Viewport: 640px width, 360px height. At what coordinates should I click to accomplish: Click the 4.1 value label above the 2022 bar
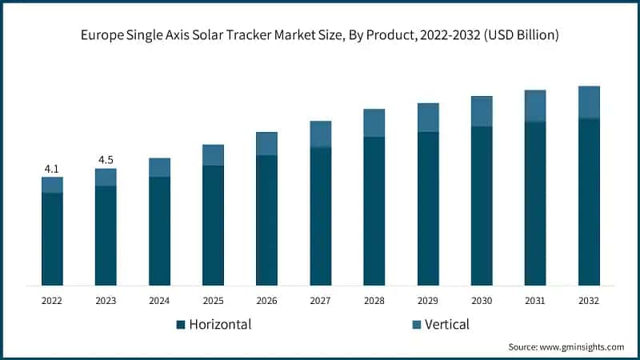[x=52, y=169]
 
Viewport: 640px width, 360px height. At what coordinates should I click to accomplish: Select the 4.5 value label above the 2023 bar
[x=106, y=160]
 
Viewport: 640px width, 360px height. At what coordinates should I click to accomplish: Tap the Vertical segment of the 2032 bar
[x=589, y=102]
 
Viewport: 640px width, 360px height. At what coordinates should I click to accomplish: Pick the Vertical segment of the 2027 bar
[x=320, y=134]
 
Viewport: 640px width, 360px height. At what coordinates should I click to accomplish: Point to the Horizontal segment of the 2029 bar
[x=428, y=208]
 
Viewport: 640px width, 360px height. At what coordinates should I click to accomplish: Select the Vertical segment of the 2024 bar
[x=159, y=167]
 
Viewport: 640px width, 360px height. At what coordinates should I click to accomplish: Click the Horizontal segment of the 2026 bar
[x=266, y=220]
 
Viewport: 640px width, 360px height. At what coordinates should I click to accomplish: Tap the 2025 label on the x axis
[x=213, y=300]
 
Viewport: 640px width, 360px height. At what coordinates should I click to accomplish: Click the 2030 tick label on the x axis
[x=482, y=300]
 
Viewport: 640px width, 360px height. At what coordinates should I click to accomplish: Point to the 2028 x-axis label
[x=374, y=300]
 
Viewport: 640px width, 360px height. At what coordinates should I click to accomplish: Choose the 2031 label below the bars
[x=535, y=300]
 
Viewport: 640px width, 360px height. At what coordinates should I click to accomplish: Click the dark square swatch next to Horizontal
[x=181, y=325]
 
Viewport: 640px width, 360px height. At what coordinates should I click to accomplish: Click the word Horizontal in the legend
[x=220, y=324]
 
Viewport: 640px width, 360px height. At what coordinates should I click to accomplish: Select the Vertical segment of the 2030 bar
[x=482, y=111]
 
